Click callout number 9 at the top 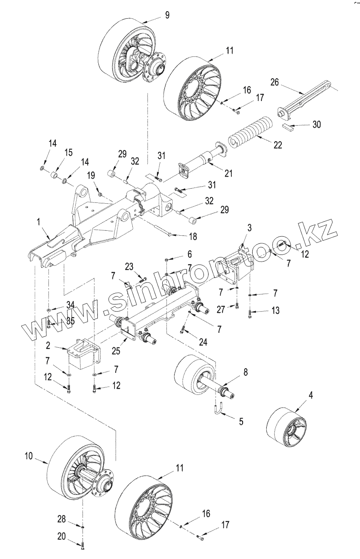tap(167, 15)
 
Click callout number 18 tap(193, 237)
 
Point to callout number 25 tap(116, 351)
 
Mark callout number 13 tap(275, 311)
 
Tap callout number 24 tap(203, 342)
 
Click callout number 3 tap(250, 227)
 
